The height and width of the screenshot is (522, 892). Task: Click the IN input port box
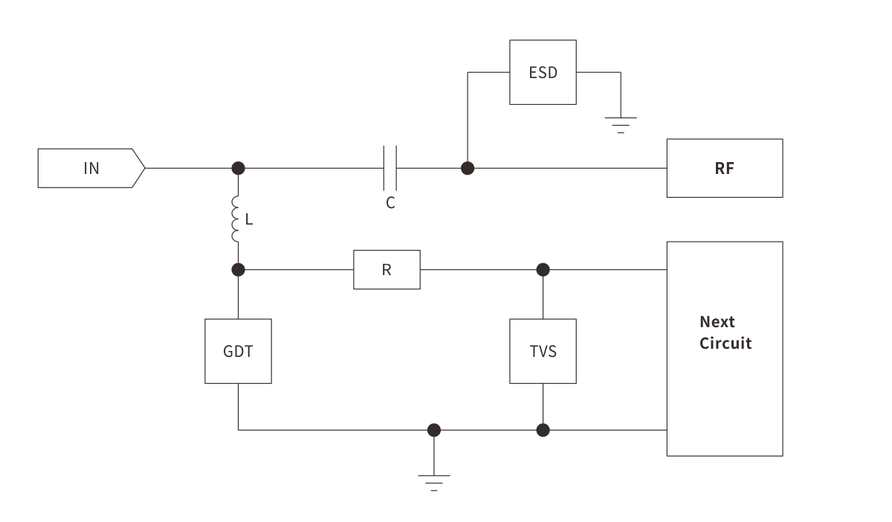[x=90, y=168]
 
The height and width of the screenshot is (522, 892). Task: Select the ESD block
[x=543, y=73]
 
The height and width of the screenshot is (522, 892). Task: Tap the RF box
[x=724, y=168]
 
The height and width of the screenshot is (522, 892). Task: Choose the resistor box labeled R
[x=387, y=269]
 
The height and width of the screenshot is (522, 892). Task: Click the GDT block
[x=238, y=351]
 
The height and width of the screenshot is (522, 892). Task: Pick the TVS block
[x=543, y=351]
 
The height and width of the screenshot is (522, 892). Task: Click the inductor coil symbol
[x=237, y=219]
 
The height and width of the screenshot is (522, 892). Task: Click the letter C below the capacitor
[x=390, y=202]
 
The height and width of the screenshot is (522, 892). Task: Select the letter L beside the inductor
[x=250, y=219]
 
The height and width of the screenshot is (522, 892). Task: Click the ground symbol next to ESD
[x=620, y=123]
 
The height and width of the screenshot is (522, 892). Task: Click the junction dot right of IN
[x=238, y=167]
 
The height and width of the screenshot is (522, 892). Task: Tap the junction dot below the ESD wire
[x=468, y=168]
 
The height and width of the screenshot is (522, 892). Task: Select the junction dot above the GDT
[x=238, y=268]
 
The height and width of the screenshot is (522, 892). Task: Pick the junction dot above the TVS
[x=543, y=268]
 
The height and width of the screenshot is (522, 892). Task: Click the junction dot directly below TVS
[x=543, y=430]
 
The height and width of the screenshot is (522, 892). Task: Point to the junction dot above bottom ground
[x=434, y=430]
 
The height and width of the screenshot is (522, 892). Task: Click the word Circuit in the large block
[x=725, y=344]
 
